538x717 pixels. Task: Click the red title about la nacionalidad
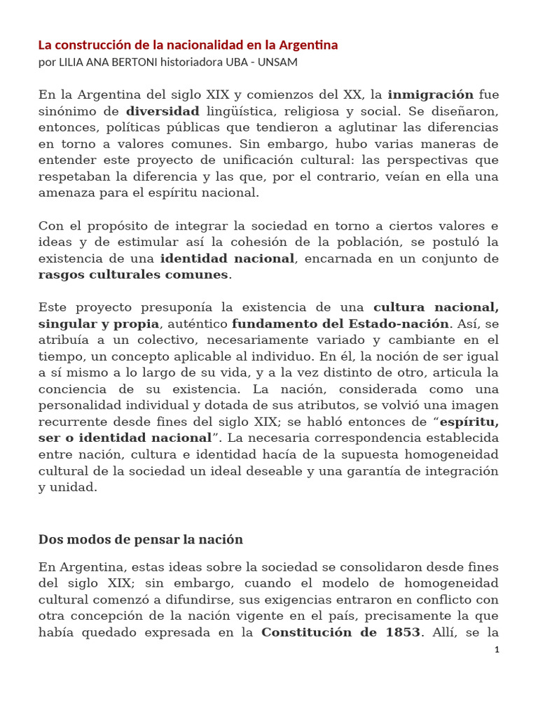(188, 46)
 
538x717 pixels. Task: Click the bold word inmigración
(431, 95)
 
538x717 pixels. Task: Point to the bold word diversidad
(163, 111)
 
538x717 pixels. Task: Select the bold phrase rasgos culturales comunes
(133, 274)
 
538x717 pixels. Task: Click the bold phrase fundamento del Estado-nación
(340, 323)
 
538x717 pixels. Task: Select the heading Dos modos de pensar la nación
(141, 539)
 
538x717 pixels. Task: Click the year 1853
(401, 632)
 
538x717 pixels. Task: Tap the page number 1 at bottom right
(497, 650)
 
